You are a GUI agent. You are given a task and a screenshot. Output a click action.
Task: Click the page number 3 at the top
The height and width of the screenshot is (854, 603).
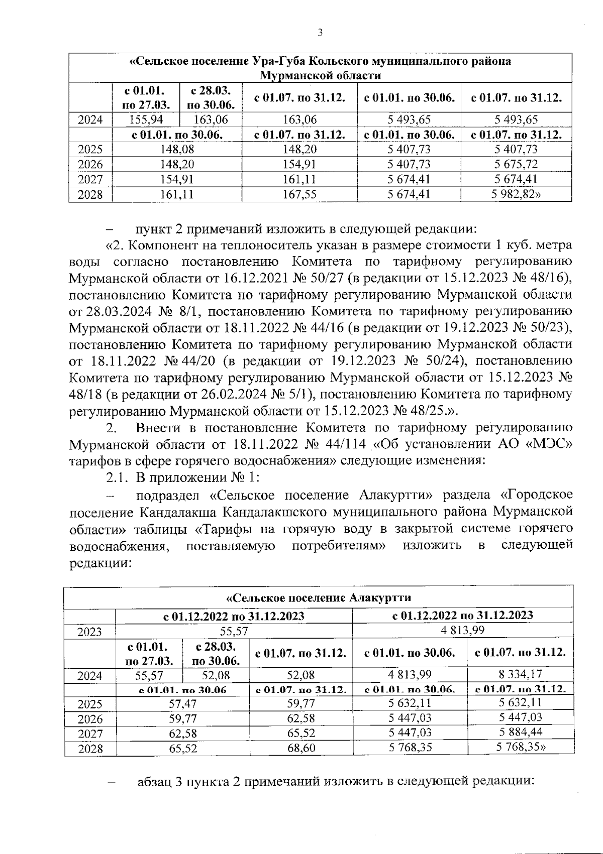(x=320, y=33)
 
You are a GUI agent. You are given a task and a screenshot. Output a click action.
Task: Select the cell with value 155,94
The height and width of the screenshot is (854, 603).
(x=145, y=120)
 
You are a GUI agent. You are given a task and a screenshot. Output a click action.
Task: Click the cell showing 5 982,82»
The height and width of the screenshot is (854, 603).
(x=516, y=194)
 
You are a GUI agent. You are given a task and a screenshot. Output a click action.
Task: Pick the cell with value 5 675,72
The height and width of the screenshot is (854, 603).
(x=516, y=164)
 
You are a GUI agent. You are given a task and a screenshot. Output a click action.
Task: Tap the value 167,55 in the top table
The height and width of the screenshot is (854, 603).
(x=299, y=194)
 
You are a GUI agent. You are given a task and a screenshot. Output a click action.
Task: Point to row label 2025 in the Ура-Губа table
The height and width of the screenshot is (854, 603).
(x=90, y=150)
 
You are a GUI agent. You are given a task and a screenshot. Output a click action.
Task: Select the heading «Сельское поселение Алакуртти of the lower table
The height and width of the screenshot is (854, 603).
(x=319, y=598)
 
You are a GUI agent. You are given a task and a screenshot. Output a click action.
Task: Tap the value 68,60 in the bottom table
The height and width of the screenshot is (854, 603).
(x=301, y=748)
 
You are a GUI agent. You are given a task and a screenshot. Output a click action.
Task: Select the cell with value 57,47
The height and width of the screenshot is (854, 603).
(x=182, y=703)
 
